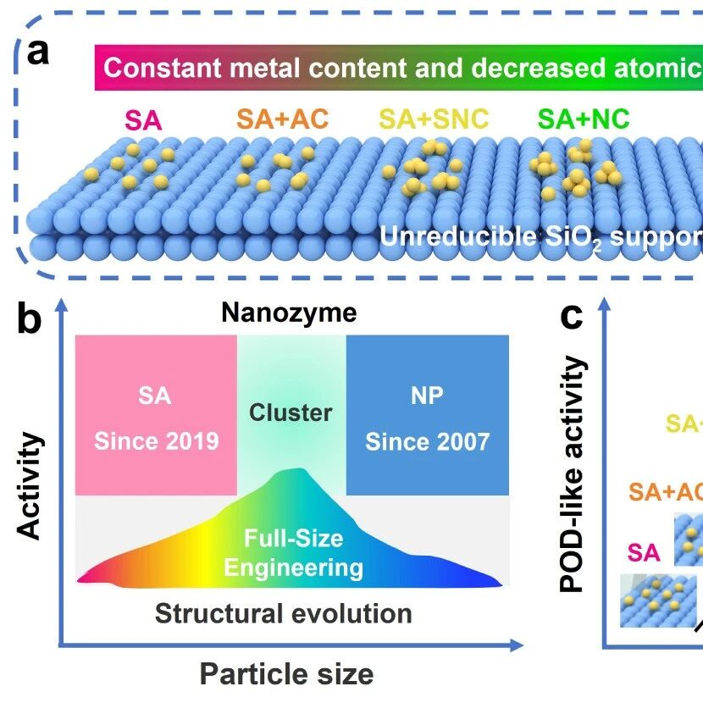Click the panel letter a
[x=38, y=52]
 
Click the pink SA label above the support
[x=143, y=120]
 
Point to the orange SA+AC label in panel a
[x=282, y=119]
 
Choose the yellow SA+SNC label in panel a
[x=434, y=119]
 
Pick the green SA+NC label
[x=584, y=119]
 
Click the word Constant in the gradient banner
[x=163, y=68]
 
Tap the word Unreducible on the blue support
[x=458, y=236]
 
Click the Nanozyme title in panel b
[x=289, y=313]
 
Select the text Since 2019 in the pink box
[x=157, y=441]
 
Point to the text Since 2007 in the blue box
[x=427, y=442]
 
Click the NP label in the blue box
[x=427, y=396]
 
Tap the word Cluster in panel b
[x=291, y=412]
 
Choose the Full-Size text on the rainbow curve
[x=294, y=538]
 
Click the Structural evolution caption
[x=284, y=613]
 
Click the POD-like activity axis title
[x=573, y=474]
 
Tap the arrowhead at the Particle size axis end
[x=517, y=645]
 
